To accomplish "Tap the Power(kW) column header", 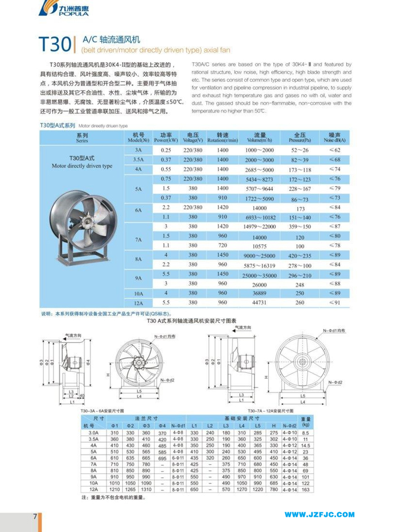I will point(166,138).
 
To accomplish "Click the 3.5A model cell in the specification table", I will point(138,160).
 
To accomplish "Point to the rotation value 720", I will point(222,246).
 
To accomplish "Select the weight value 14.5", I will point(306,445).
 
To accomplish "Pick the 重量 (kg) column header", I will point(306,421).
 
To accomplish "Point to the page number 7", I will point(35,516).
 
